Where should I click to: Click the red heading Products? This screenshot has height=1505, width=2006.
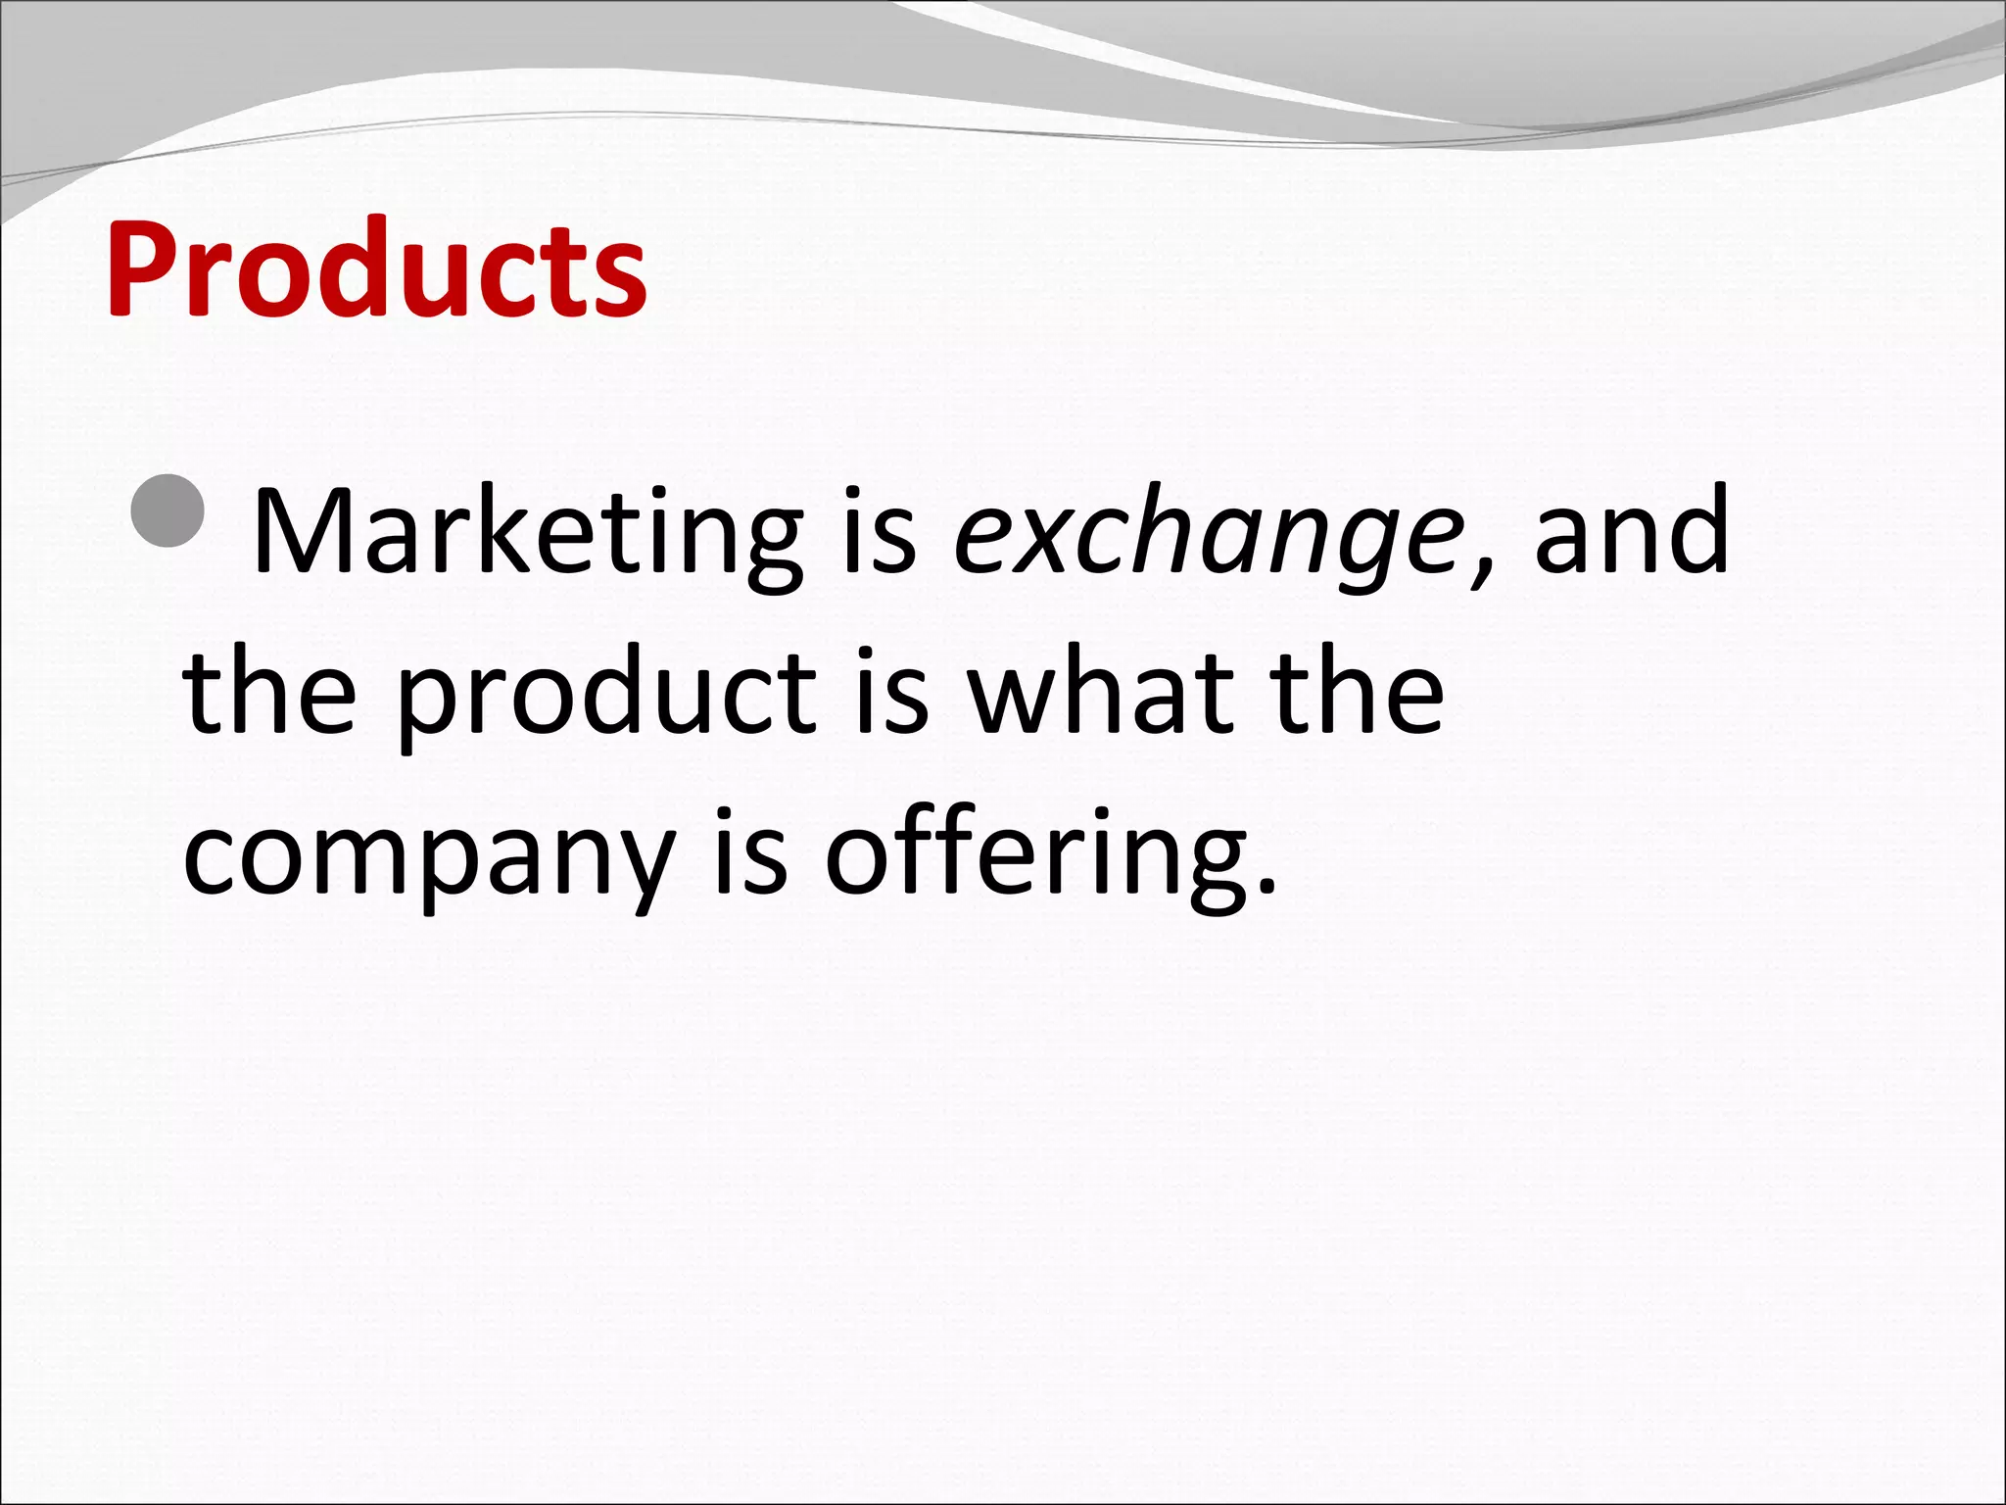pos(376,269)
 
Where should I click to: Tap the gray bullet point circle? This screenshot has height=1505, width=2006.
pos(168,510)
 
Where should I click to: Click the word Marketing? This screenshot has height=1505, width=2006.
pos(528,534)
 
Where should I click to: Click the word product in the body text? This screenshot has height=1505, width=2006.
pos(606,696)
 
